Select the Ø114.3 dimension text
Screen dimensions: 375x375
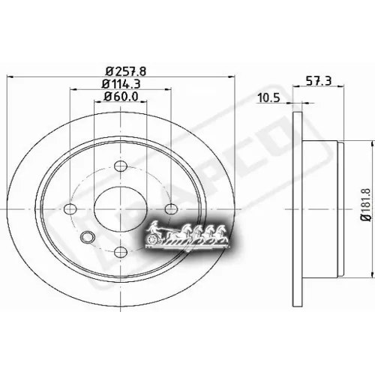tap(120, 83)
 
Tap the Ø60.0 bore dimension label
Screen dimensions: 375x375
tap(120, 96)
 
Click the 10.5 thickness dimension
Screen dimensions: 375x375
tap(268, 97)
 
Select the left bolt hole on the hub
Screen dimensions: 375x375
tap(70, 208)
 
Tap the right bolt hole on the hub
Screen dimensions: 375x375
tap(171, 208)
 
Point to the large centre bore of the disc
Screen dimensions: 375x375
tap(121, 208)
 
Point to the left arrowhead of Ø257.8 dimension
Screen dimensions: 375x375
tap(10, 77)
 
